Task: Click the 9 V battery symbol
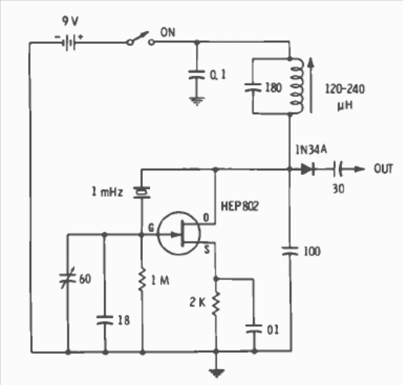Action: point(69,41)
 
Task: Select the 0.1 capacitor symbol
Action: point(197,74)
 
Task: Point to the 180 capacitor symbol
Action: point(252,87)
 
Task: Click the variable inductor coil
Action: point(297,86)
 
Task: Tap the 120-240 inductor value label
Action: point(345,89)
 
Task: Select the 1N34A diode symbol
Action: point(308,169)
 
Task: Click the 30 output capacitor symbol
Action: point(337,169)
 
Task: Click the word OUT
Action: point(383,169)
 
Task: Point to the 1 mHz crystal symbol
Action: point(142,192)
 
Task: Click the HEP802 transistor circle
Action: point(179,233)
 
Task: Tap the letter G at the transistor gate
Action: point(152,228)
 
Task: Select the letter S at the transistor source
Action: point(207,250)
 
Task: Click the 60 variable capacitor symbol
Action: point(67,278)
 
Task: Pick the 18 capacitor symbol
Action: point(105,320)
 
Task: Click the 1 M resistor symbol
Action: point(142,280)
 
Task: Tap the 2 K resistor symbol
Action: point(216,304)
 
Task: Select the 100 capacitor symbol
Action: point(291,251)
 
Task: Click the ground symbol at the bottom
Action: point(216,373)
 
